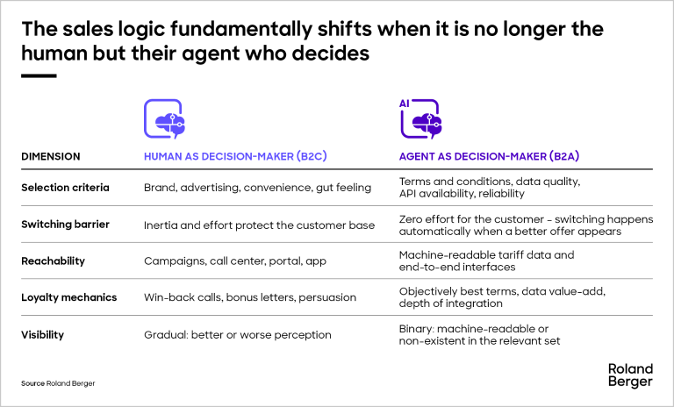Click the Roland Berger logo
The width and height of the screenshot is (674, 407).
pos(630,375)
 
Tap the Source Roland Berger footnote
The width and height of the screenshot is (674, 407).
pos(58,383)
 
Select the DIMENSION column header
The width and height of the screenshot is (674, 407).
pos(51,156)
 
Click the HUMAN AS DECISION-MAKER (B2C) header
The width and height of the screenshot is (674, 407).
pos(235,156)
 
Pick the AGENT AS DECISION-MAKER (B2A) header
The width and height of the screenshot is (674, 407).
pos(489,156)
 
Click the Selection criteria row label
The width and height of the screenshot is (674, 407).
pos(65,188)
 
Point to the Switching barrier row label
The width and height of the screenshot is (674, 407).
pos(65,225)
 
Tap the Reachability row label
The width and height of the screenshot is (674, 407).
pos(53,261)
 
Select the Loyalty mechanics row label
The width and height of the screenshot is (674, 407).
pos(68,297)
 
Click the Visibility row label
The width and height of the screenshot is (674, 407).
pos(42,335)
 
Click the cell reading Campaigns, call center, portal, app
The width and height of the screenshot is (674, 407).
pos(235,261)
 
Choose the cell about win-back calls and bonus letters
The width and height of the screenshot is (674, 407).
pos(250,297)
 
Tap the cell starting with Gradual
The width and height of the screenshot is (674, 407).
pos(237,335)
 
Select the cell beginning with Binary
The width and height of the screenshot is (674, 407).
pos(479,335)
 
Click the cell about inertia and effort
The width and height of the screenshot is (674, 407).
pos(259,225)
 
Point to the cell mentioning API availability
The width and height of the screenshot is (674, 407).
pos(490,188)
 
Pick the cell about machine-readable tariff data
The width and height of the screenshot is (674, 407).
pos(486,261)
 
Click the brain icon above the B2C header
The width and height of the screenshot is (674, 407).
pos(165,119)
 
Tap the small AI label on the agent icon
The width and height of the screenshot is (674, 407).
pos(404,104)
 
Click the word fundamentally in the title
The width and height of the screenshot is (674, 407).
pos(241,29)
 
